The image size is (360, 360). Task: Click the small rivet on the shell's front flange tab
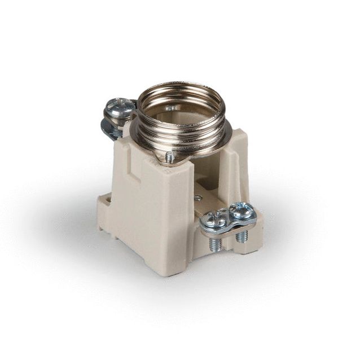(170, 158)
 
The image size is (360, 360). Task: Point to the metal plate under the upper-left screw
(112, 127)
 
